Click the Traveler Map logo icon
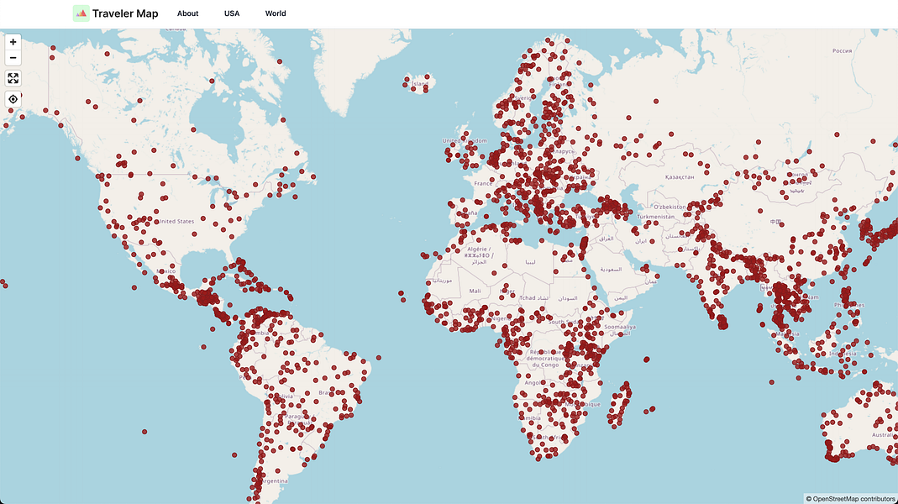(81, 13)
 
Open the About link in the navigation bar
(188, 13)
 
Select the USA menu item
(232, 13)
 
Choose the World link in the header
(276, 13)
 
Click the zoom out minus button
(13, 58)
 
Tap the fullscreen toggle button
(13, 78)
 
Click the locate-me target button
(13, 99)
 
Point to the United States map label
(176, 222)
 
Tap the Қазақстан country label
(680, 178)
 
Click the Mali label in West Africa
(475, 291)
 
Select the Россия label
(842, 50)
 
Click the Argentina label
(274, 481)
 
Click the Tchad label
(527, 298)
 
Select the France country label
(482, 183)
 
